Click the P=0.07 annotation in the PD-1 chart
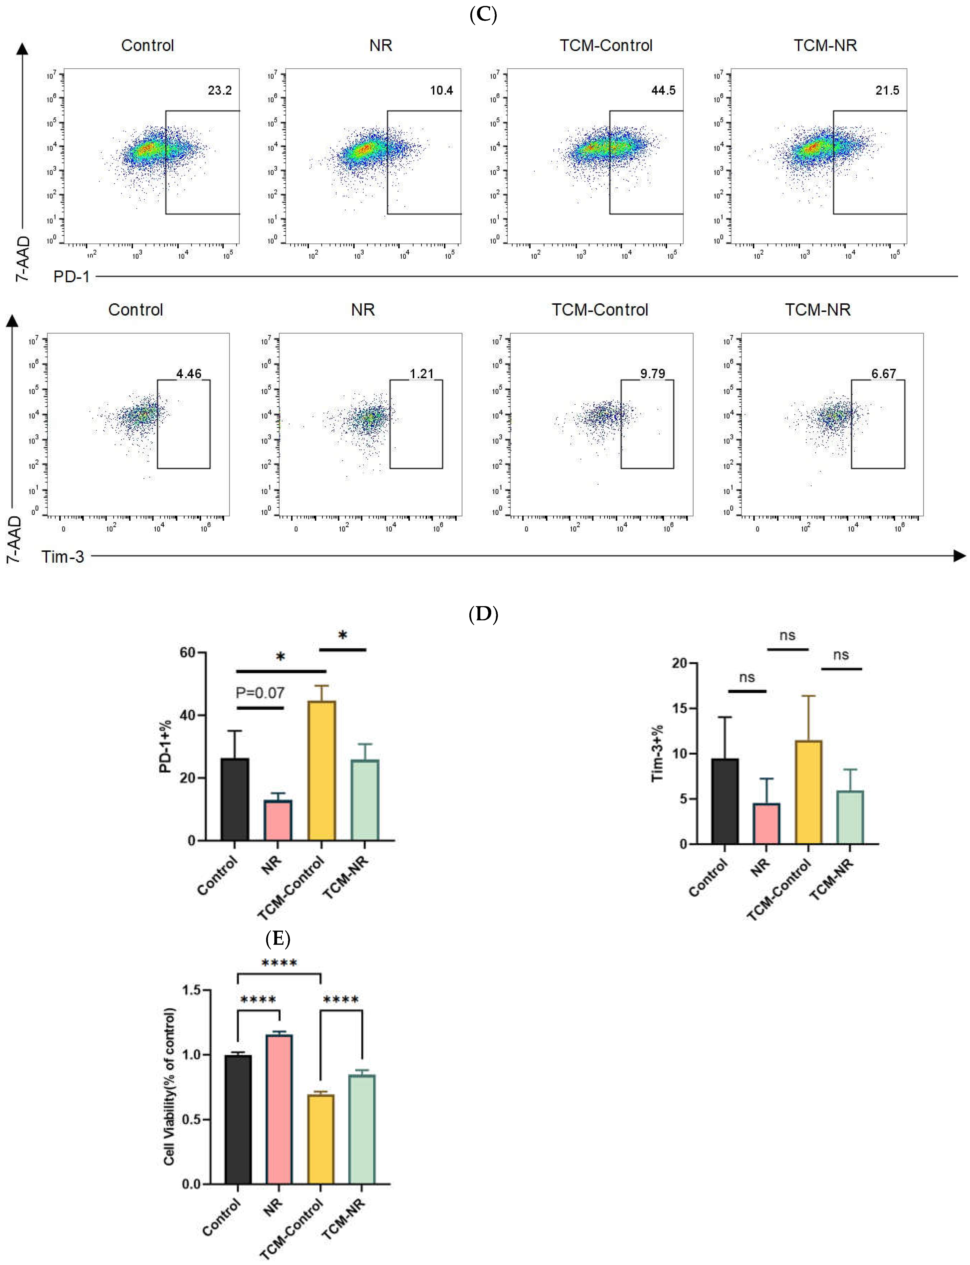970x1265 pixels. (260, 692)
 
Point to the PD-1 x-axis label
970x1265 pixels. (72, 277)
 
